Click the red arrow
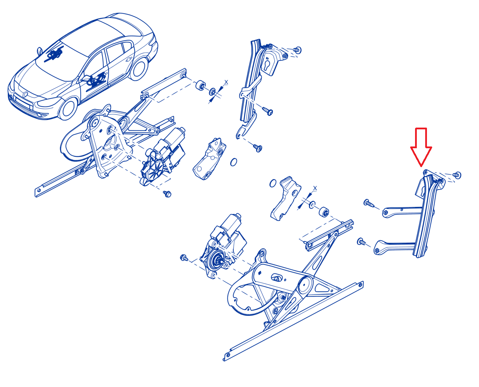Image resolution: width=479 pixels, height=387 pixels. pos(421,146)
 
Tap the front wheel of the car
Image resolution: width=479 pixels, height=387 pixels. pos(67,109)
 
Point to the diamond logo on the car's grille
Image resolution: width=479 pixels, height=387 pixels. pos(26,94)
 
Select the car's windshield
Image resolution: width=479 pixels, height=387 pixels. pos(62,61)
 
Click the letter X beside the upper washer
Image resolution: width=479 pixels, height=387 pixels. pos(226,82)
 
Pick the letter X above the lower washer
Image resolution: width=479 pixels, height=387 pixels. pos(315,188)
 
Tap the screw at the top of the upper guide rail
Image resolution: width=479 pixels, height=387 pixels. pos(297,50)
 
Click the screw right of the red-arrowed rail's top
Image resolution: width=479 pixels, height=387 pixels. pos(457,175)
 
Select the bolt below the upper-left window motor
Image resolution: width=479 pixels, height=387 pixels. pos(167,194)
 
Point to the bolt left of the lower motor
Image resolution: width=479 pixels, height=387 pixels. pos(184,258)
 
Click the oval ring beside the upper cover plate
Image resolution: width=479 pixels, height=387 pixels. pos(233,162)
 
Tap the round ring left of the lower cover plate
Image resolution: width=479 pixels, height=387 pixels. pos(273,183)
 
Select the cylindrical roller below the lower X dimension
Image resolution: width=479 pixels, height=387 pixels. pos(324,212)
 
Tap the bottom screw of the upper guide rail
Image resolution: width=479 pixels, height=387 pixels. pos(258,148)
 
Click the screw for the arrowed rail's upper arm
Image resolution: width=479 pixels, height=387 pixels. pos(369,203)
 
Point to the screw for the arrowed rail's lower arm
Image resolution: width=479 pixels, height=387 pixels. pos(361,242)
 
